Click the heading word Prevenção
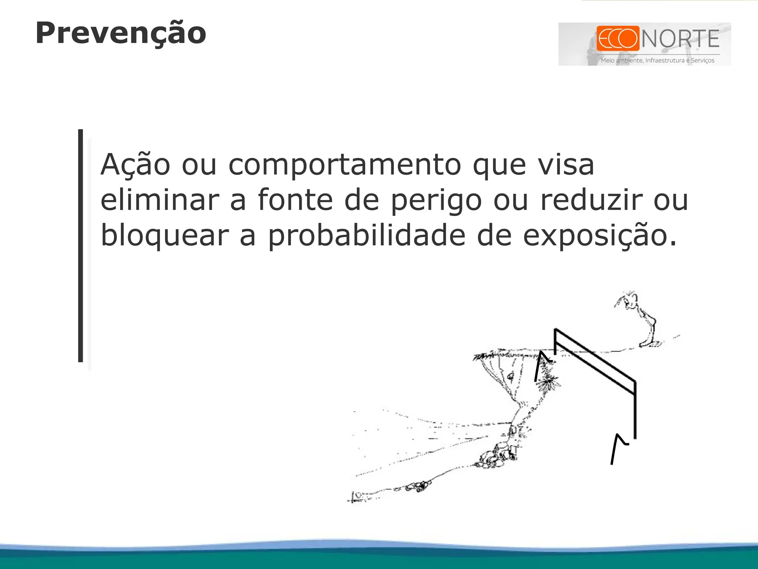pyautogui.click(x=121, y=33)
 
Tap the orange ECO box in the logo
pyautogui.click(x=618, y=38)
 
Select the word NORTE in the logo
pyautogui.click(x=680, y=39)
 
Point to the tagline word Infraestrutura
pyautogui.click(x=665, y=60)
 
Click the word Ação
pyautogui.click(x=135, y=165)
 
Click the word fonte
pyautogui.click(x=295, y=200)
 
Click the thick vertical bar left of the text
pyautogui.click(x=81, y=245)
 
